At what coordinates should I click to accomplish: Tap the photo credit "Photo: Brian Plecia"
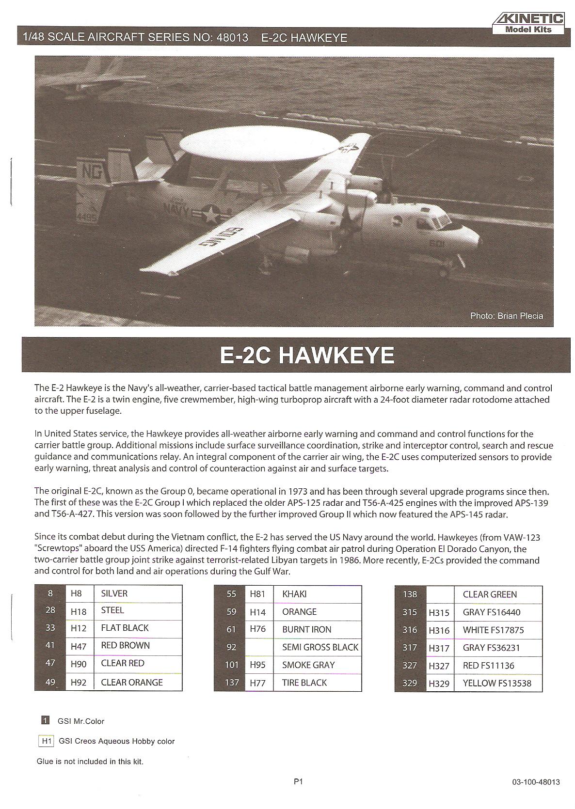pos(506,316)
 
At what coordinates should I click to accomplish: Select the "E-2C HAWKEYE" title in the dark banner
pos(307,356)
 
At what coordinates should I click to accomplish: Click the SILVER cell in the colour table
pos(114,593)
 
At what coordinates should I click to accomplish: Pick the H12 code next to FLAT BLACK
pos(78,628)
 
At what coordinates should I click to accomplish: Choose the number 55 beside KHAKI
pos(231,594)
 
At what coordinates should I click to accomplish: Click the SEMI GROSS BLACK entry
pos(320,647)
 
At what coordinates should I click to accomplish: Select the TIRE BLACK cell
pos(304,683)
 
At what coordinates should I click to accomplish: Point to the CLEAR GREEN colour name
pos(490,594)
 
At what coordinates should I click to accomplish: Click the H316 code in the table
pos(439,630)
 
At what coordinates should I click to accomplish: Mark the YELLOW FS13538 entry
pos(497,684)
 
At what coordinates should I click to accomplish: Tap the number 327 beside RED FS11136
pos(410,666)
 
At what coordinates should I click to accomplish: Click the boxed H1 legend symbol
pos(46,741)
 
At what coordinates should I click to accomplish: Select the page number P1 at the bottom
pos(298,781)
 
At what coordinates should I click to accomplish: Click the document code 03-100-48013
pos(535,782)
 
